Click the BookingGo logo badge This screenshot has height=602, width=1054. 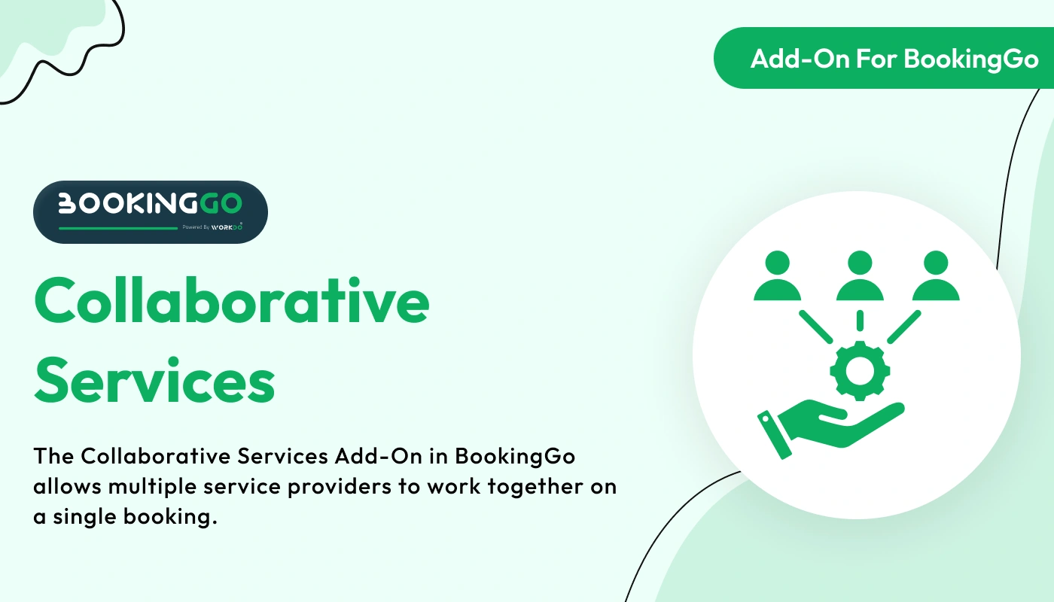pyautogui.click(x=151, y=211)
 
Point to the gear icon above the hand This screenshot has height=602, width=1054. pyautogui.click(x=859, y=369)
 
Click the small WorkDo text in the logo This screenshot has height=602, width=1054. pyautogui.click(x=227, y=227)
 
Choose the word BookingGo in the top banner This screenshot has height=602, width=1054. pyautogui.click(x=971, y=59)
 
